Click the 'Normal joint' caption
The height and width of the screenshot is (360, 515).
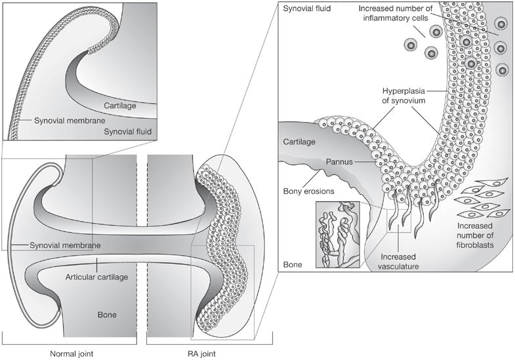72,354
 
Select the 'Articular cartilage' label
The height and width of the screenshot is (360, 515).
96,277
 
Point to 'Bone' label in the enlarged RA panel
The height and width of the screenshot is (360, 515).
293,264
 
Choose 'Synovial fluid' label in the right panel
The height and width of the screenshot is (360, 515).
308,9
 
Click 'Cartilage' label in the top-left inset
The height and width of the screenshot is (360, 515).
119,104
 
